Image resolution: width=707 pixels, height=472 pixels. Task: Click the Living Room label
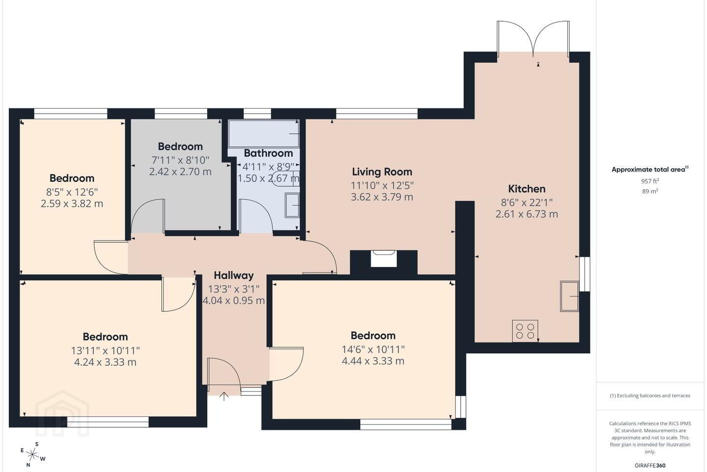382,172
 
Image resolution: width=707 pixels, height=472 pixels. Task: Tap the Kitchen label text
526,189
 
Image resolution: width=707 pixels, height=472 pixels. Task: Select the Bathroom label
268,153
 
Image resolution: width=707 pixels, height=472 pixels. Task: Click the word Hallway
234,276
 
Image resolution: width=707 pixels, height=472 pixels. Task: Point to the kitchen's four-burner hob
525,331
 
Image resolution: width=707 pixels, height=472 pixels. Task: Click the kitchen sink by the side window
570,296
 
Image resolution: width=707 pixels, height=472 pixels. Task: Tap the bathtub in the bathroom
264,133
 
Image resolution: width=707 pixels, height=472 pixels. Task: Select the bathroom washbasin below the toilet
292,206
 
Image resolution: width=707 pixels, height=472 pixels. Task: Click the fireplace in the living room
383,259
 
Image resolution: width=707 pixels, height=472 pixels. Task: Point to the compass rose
32,455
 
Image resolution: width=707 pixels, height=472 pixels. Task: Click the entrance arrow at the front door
224,396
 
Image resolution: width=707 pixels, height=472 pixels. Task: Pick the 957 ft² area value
650,181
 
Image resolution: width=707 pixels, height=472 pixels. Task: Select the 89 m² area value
650,191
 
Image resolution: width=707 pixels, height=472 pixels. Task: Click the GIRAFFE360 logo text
650,465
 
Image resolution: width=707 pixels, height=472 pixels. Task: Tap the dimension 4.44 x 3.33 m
373,361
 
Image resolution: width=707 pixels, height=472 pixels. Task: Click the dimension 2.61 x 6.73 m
526,214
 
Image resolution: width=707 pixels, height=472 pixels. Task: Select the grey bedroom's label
180,147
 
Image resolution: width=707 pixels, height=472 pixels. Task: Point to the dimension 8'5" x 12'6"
72,192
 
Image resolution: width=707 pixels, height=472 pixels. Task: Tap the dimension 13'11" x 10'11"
106,351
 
